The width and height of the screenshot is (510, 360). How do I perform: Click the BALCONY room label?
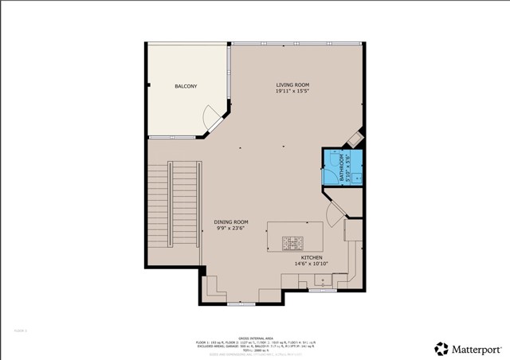186,86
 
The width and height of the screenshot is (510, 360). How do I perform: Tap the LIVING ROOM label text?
292,84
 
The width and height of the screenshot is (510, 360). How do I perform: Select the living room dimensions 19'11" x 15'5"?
292,92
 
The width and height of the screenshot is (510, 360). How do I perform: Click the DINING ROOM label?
231,221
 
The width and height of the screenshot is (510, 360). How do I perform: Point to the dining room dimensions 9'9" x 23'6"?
231,229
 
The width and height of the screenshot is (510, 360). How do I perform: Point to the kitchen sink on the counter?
322,280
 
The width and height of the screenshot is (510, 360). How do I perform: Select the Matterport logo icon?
441,348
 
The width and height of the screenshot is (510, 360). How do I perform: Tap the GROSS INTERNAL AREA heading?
255,338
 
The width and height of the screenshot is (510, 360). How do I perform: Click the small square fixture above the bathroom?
355,139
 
